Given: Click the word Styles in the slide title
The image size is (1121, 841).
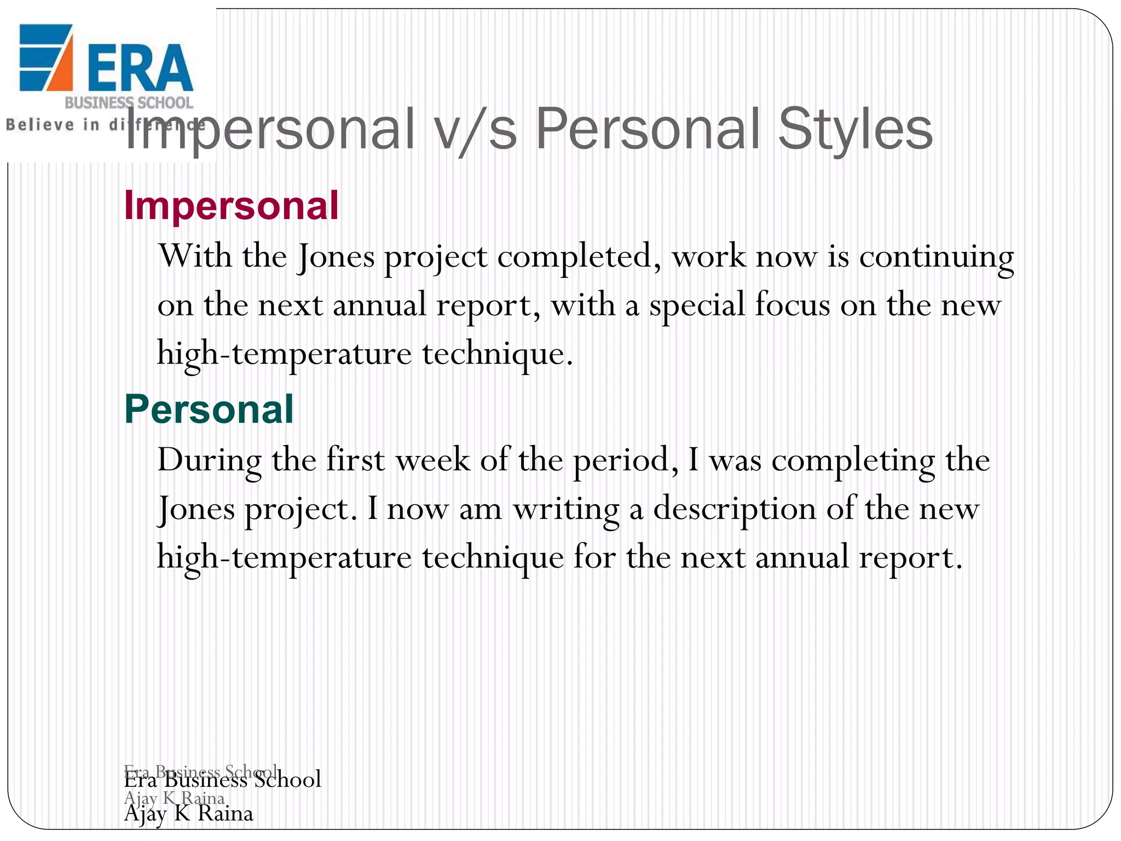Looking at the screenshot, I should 855,130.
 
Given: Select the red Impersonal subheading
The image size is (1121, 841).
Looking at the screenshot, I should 232,206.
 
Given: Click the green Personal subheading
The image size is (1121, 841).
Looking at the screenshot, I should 209,410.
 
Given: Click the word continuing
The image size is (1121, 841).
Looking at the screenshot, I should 936,257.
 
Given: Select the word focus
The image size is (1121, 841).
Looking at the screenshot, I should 792,304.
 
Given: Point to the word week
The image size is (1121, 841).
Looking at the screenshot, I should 433,459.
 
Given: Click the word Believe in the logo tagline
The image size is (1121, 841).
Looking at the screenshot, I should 39,125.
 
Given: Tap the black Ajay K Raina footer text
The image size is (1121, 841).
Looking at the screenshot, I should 189,814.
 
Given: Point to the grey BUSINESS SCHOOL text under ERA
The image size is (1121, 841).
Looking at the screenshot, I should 129,103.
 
